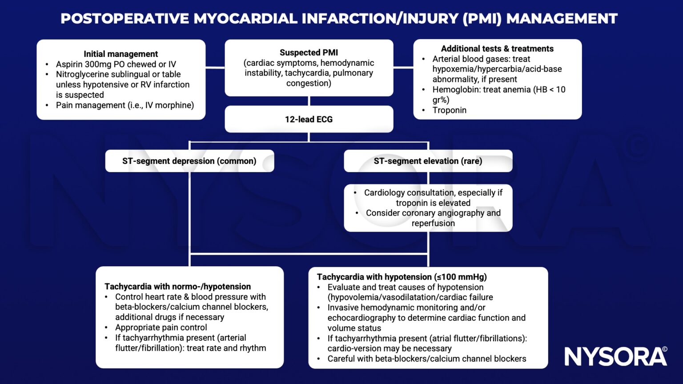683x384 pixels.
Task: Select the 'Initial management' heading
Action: point(121,54)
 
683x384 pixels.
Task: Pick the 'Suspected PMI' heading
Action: point(309,52)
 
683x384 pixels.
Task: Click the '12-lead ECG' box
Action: point(309,119)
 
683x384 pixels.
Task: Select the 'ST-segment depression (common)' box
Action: point(189,161)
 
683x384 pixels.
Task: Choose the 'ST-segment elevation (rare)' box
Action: point(428,161)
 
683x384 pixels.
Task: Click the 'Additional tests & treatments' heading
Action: point(497,48)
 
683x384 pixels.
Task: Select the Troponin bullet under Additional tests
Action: point(449,110)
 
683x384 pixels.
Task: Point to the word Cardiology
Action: point(385,192)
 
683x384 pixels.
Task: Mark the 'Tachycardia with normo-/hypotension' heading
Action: point(177,286)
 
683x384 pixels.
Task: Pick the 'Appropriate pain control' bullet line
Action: point(161,327)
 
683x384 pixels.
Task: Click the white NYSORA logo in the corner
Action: point(615,356)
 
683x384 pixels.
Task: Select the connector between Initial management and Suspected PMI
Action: point(215,68)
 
